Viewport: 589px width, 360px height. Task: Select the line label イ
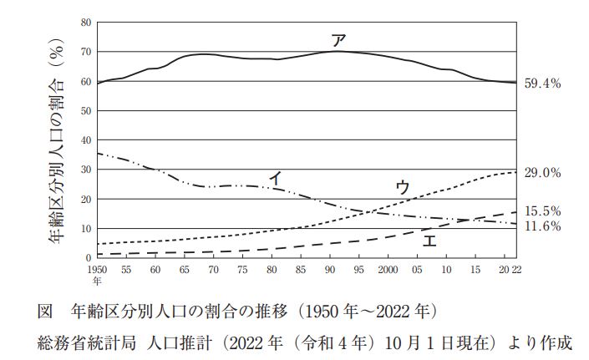pos(275,177)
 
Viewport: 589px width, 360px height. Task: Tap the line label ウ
pos(402,187)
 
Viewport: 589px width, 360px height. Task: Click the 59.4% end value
pos(542,84)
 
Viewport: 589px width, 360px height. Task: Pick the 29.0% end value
pos(542,173)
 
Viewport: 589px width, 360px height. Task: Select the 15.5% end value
pos(542,211)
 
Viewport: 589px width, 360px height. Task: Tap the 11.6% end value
pos(542,226)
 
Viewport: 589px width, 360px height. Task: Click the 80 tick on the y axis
pos(87,23)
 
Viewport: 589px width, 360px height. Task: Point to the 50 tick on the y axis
pos(87,111)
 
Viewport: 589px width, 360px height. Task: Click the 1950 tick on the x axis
pos(98,270)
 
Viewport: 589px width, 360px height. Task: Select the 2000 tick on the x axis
pos(387,270)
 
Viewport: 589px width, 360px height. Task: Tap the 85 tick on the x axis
pos(300,270)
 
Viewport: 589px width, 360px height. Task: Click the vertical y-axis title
pos(57,141)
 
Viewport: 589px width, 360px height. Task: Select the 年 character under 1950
pos(96,281)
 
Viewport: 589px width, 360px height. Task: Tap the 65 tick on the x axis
pos(184,270)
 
